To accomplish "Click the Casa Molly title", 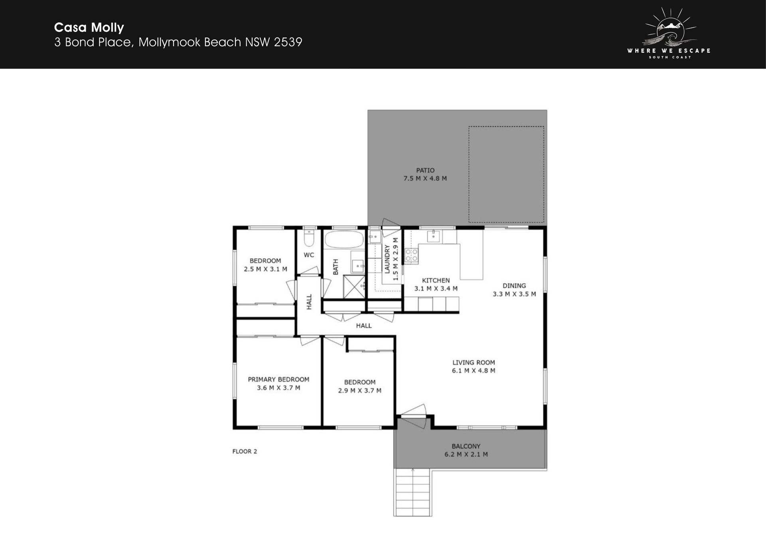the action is click(89, 28).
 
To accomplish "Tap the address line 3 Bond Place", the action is click(178, 42).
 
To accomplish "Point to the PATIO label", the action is click(425, 170).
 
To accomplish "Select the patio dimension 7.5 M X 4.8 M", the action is click(425, 179).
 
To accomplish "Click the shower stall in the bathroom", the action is click(354, 286).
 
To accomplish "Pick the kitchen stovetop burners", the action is click(411, 255).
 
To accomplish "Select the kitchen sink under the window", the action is click(434, 236).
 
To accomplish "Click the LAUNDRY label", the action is click(387, 259).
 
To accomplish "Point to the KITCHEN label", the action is click(436, 280).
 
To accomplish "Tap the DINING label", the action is click(514, 286).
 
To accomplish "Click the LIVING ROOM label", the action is click(474, 363).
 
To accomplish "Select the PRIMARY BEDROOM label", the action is click(278, 379).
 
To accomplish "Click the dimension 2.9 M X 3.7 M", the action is click(360, 391).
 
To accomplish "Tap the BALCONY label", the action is click(466, 446).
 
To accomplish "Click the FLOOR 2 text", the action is click(245, 452).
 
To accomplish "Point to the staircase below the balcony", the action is click(413, 493).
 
